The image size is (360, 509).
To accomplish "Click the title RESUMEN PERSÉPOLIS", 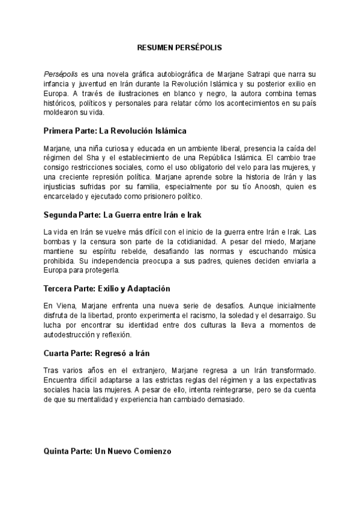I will pos(179,46).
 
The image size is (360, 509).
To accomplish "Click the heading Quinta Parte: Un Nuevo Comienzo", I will pos(108,451).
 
